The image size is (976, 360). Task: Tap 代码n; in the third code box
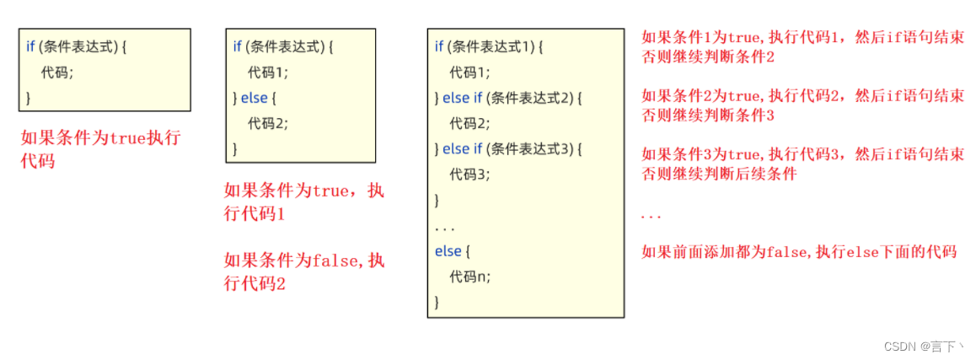pos(470,276)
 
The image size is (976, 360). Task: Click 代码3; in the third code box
pos(470,175)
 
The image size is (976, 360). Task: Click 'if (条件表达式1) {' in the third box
pos(489,47)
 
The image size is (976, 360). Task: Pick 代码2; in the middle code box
pos(269,123)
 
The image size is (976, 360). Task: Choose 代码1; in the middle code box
pos(269,73)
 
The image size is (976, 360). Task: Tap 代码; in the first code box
pos(57,73)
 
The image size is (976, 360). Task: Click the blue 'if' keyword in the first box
pos(30,47)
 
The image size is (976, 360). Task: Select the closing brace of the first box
pos(28,98)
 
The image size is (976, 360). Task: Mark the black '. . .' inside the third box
pos(444,228)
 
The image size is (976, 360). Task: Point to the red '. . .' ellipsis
pos(651,216)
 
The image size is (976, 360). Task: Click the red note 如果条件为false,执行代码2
pos(304,271)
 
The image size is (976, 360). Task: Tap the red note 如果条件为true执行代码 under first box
pos(100,148)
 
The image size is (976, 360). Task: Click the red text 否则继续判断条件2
pos(708,56)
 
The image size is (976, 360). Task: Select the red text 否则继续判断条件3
pos(708,115)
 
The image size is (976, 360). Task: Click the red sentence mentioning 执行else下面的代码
pos(799,251)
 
